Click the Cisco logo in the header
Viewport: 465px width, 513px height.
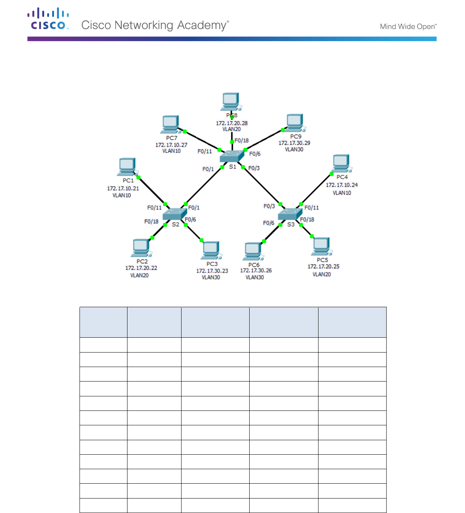click(48, 19)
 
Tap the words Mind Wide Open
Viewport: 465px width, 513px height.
click(408, 27)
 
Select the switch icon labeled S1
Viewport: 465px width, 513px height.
click(232, 156)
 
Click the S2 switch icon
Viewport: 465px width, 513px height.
click(174, 214)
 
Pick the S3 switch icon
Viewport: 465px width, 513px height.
click(290, 214)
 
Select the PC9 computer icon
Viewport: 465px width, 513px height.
click(295, 123)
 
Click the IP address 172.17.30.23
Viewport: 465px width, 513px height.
click(212, 271)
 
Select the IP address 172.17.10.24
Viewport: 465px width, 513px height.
click(342, 185)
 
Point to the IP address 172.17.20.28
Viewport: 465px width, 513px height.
click(232, 123)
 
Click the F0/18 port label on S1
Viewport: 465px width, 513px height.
click(242, 141)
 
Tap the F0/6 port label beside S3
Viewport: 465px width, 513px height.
click(269, 223)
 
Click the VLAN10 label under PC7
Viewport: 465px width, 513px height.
click(171, 151)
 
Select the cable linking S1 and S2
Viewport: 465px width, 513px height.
click(204, 186)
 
